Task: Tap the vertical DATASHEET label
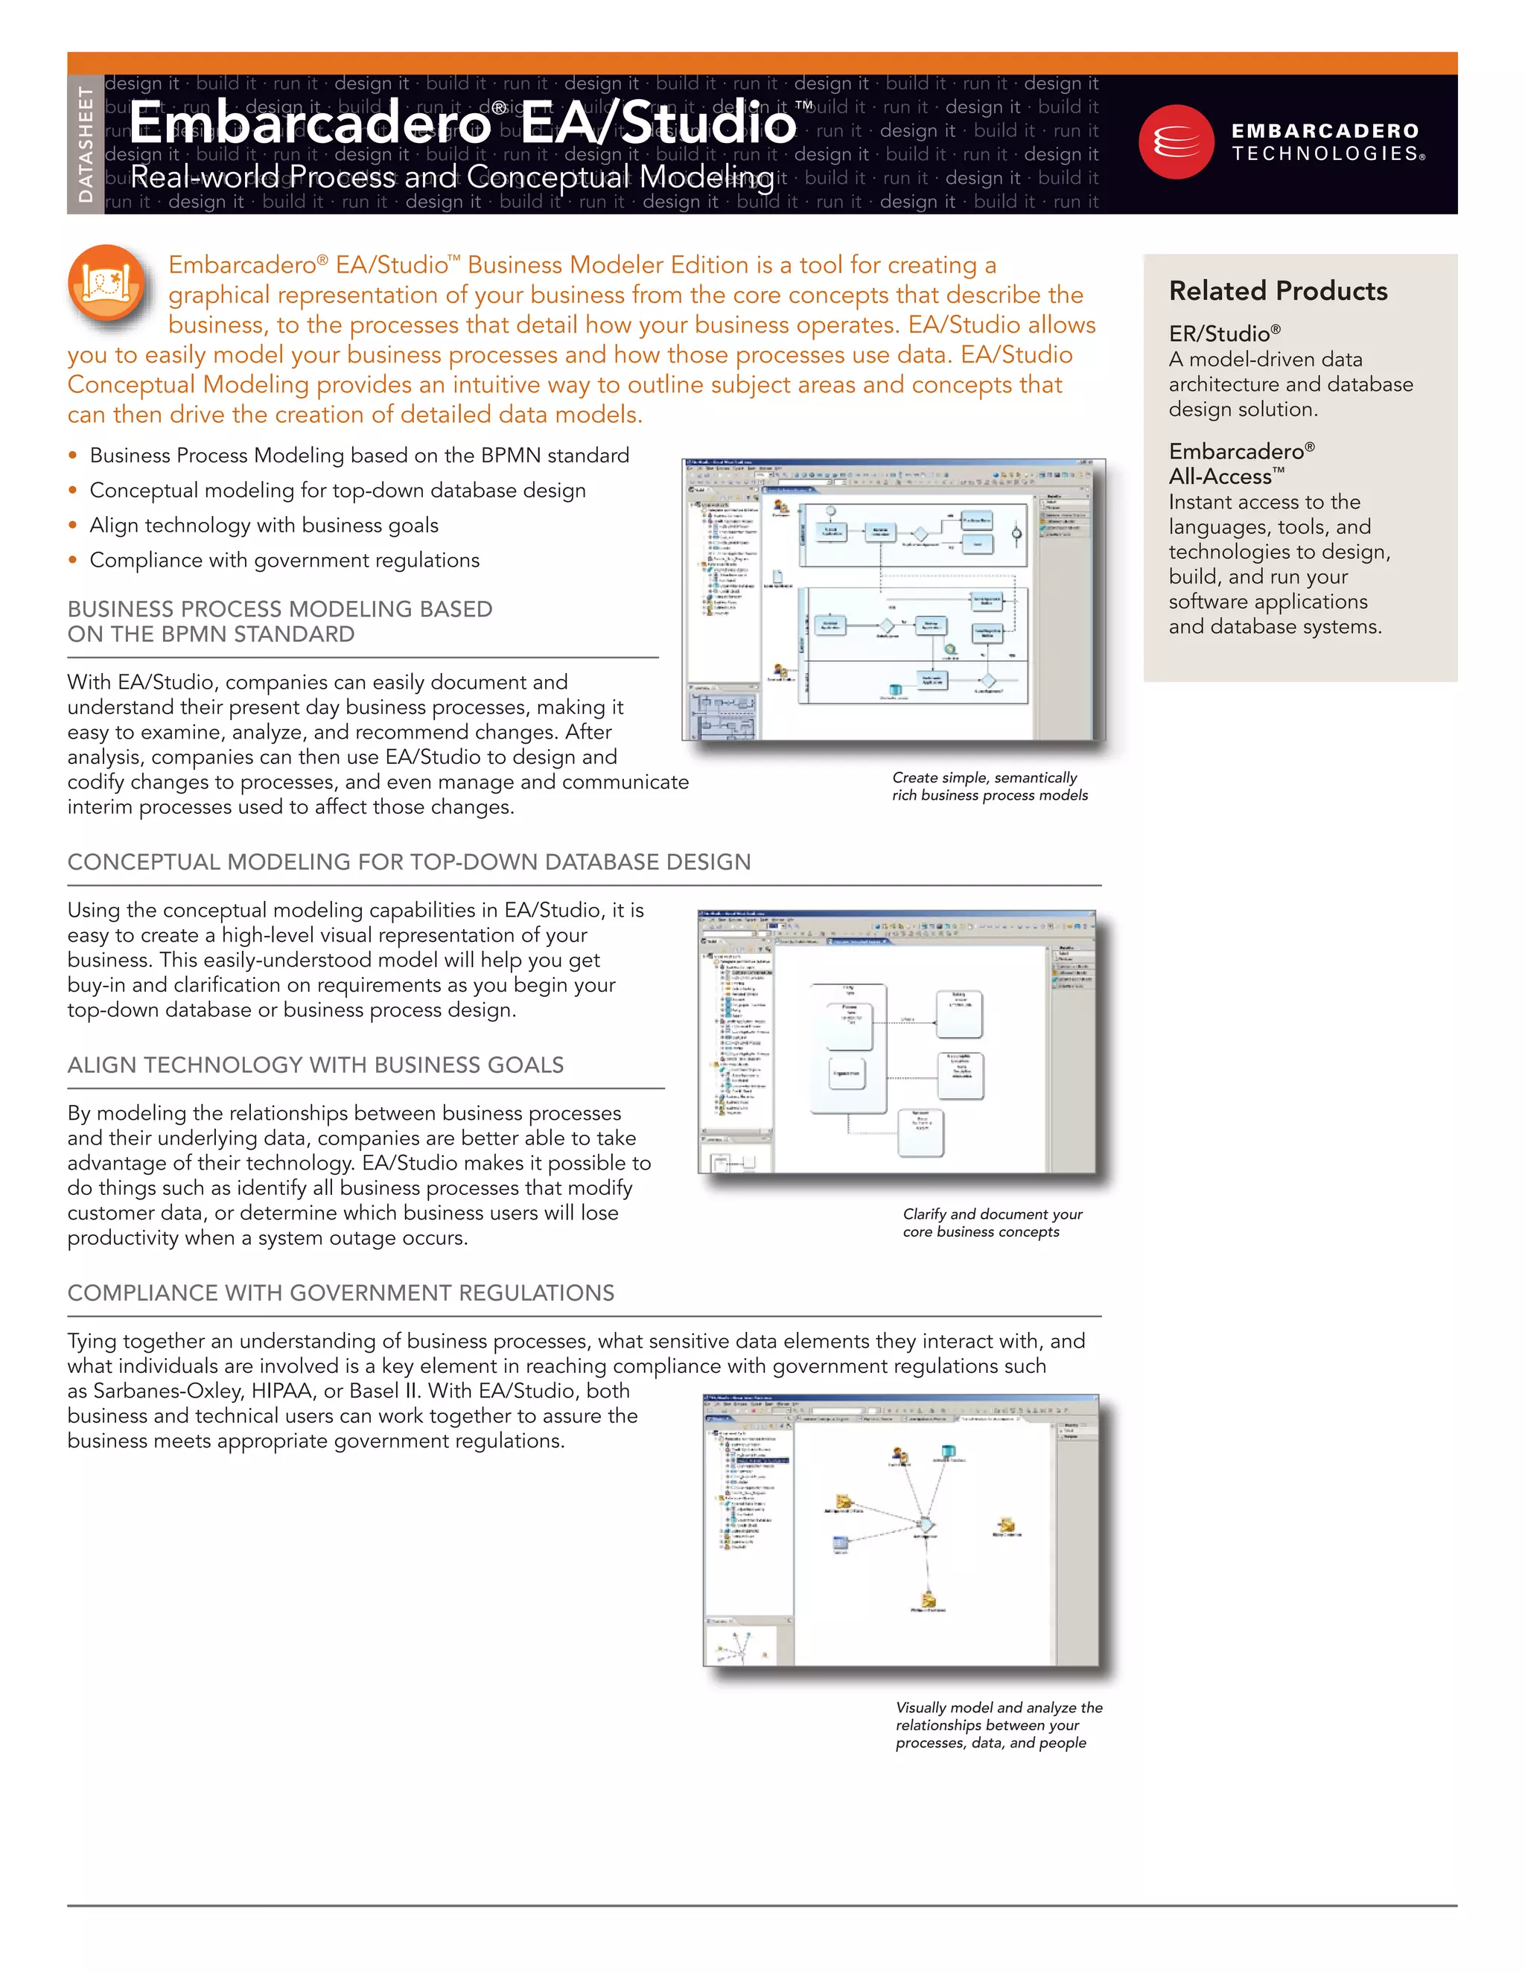coord(86,144)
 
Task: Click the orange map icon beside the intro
coord(106,283)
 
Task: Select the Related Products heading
coord(1278,291)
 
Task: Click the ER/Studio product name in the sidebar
coord(1224,334)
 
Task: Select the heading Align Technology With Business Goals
coord(315,1065)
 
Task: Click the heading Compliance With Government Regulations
coord(340,1293)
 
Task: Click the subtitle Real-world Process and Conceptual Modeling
coord(452,177)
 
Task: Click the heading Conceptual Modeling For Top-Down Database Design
coord(408,862)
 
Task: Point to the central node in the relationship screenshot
coord(924,1526)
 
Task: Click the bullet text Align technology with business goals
coord(264,525)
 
